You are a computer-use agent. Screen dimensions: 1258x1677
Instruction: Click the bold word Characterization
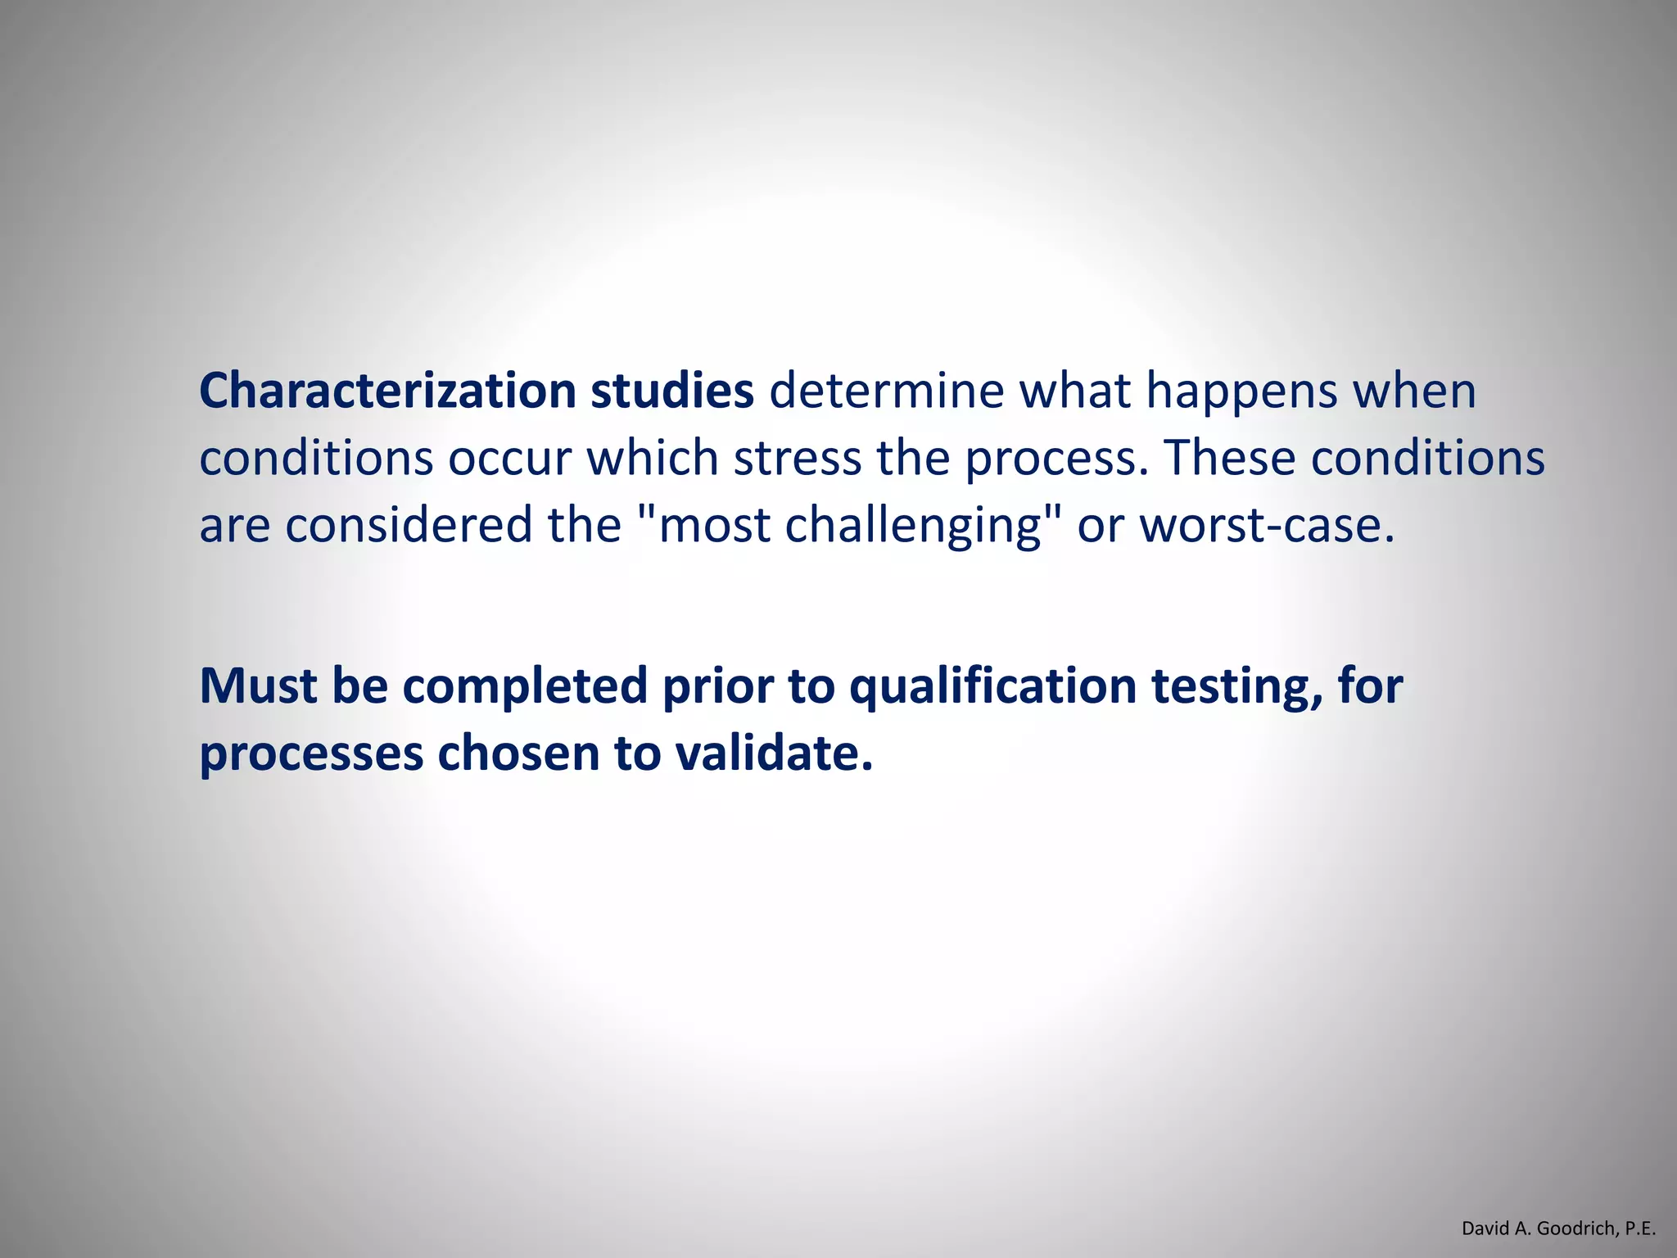[x=387, y=391]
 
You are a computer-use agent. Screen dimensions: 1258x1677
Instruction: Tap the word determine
[x=886, y=391]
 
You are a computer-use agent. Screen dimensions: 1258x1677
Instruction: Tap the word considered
[x=409, y=525]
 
